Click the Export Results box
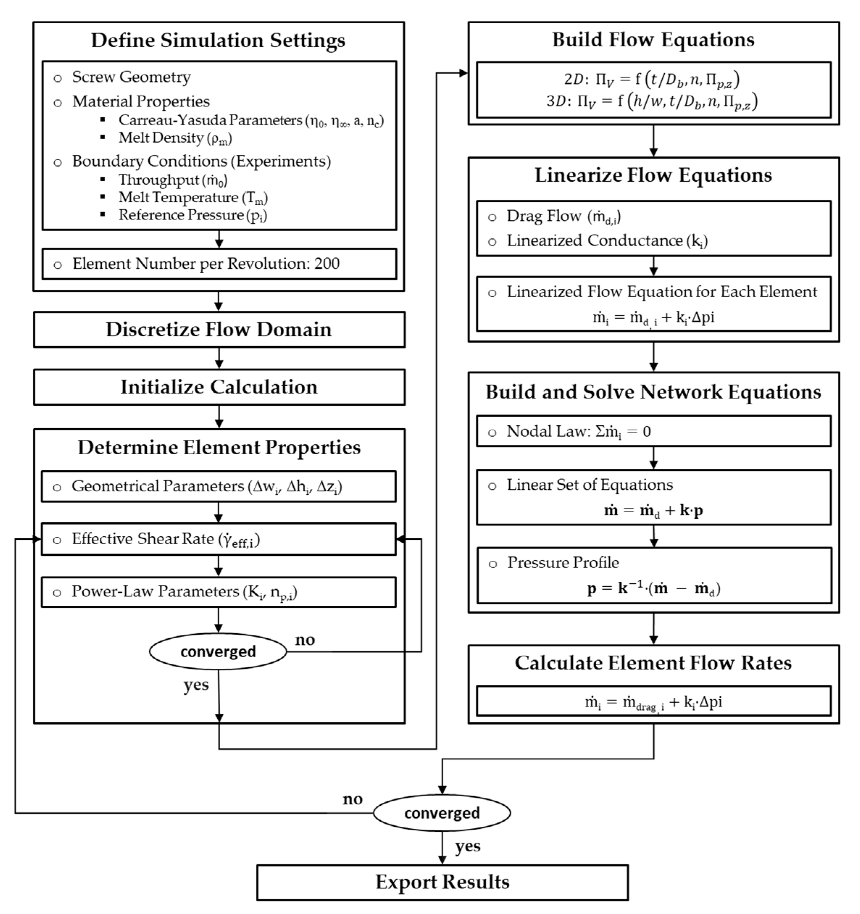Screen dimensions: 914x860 coord(442,882)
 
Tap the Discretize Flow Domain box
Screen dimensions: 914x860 coord(219,330)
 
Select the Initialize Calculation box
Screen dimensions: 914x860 coord(219,387)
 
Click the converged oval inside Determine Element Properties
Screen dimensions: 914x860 coord(218,651)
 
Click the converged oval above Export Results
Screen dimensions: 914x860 coord(442,813)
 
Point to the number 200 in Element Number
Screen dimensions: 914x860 coord(327,264)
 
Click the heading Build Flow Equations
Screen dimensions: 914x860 coord(653,40)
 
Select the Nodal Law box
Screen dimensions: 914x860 coord(653,431)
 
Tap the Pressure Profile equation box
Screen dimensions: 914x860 coord(654,575)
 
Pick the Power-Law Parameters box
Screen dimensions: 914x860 coord(218,592)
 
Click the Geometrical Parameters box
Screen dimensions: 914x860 coord(218,487)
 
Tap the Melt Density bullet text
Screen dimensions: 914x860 coord(175,138)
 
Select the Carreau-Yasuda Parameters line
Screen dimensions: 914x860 coord(251,121)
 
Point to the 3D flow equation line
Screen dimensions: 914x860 coord(652,101)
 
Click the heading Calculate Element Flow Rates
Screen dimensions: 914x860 coord(653,663)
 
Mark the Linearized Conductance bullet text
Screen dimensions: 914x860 coord(607,241)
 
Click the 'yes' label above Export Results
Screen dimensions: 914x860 coord(467,846)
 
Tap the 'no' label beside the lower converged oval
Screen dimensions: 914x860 coord(352,800)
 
